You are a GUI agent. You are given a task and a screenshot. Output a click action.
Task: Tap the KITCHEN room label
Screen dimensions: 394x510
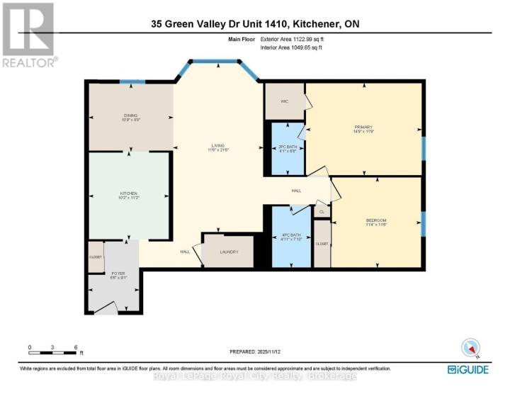[127, 193]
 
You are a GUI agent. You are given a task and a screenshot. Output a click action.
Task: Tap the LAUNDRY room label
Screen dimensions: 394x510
[228, 252]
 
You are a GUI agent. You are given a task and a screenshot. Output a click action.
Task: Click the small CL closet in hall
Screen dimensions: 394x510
[322, 211]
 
